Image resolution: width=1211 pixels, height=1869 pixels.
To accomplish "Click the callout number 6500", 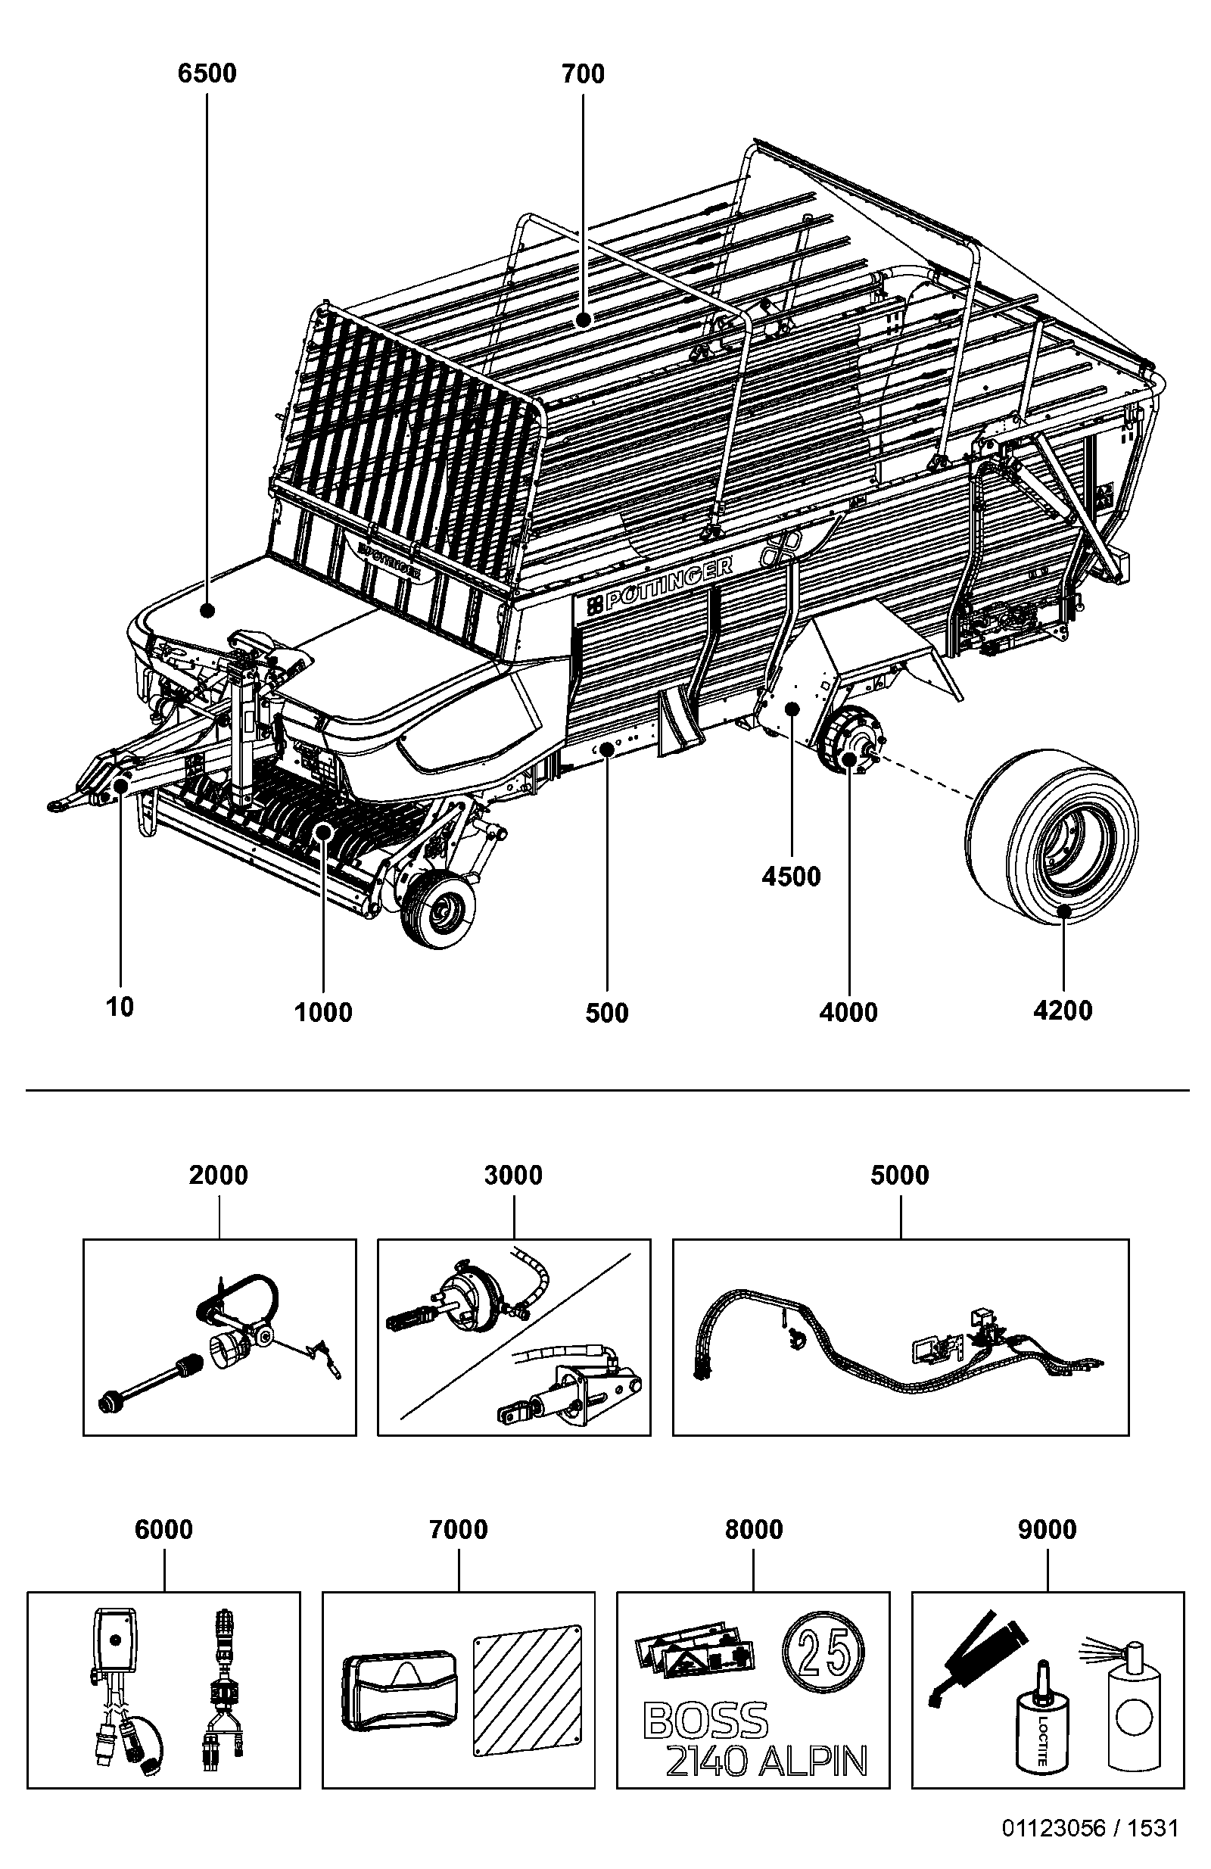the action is tap(207, 74).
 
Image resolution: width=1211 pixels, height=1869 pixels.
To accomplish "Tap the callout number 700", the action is tap(583, 74).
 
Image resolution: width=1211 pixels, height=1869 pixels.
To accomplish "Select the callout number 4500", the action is tap(791, 877).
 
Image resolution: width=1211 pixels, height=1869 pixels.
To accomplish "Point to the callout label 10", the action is tap(120, 1007).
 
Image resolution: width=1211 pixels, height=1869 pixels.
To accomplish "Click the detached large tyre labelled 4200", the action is tap(1052, 839).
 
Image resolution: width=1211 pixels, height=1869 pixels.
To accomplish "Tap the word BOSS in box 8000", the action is tap(705, 1721).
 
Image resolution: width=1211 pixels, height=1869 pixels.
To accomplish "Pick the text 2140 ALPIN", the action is tap(767, 1762).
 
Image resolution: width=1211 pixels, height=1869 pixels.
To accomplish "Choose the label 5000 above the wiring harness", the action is tap(899, 1176).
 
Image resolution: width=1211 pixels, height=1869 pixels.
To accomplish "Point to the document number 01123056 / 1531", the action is tap(1089, 1844).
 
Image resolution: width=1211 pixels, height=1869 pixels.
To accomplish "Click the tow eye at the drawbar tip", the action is tap(61, 803).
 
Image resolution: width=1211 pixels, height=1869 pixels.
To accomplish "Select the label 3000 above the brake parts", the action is tap(513, 1176).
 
